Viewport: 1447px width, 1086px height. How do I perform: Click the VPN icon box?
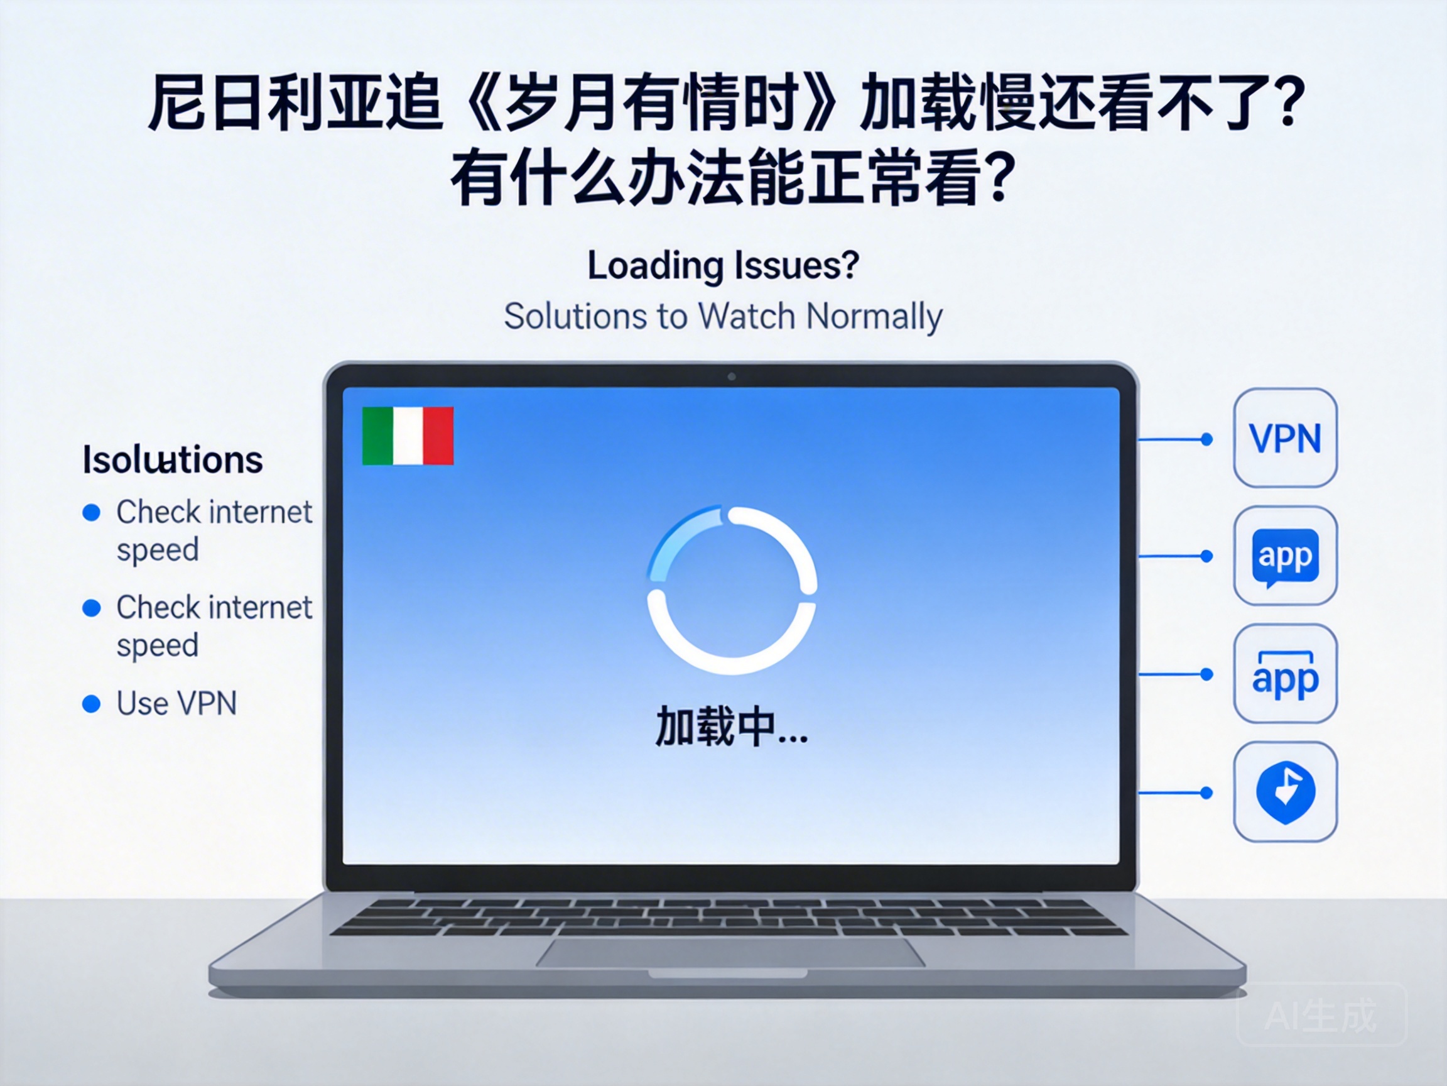click(1285, 437)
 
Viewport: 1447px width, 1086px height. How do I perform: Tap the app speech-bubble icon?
click(1285, 556)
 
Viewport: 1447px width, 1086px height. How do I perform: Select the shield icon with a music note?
click(1285, 791)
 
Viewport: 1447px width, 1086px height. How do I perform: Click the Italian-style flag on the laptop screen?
click(408, 436)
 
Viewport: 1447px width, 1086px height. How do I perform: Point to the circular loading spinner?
click(731, 590)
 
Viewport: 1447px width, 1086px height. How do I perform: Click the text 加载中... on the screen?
click(731, 727)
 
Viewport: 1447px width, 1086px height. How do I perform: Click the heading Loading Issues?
click(723, 265)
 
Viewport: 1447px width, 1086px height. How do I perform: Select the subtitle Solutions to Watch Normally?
click(723, 316)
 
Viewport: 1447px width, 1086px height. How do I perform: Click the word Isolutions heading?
click(173, 459)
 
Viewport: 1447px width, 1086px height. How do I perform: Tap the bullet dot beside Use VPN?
click(92, 704)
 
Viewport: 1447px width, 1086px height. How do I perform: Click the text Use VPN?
click(176, 704)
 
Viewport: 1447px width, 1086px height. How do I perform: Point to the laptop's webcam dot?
click(731, 376)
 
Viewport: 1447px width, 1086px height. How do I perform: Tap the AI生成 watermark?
click(1321, 1016)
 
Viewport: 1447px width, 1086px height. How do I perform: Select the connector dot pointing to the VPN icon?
click(1207, 439)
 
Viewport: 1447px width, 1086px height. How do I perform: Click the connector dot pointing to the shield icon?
click(1207, 793)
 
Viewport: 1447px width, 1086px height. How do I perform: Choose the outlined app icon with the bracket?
click(1285, 674)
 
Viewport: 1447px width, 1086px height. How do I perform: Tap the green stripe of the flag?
click(377, 436)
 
